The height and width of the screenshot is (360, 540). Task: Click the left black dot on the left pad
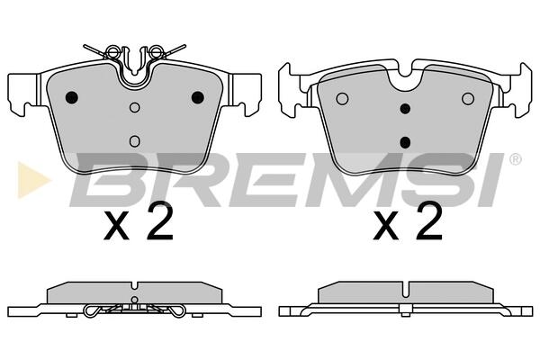tap(72, 97)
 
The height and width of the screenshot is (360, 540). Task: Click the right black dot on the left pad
tap(198, 97)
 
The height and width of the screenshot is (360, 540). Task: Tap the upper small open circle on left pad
tap(135, 107)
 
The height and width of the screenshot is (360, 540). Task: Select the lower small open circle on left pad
tap(135, 141)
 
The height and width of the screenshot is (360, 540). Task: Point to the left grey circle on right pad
tap(342, 99)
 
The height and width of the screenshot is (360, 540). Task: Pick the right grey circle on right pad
tap(468, 99)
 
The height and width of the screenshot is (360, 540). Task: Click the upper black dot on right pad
tap(405, 109)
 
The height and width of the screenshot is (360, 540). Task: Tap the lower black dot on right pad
tap(405, 142)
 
